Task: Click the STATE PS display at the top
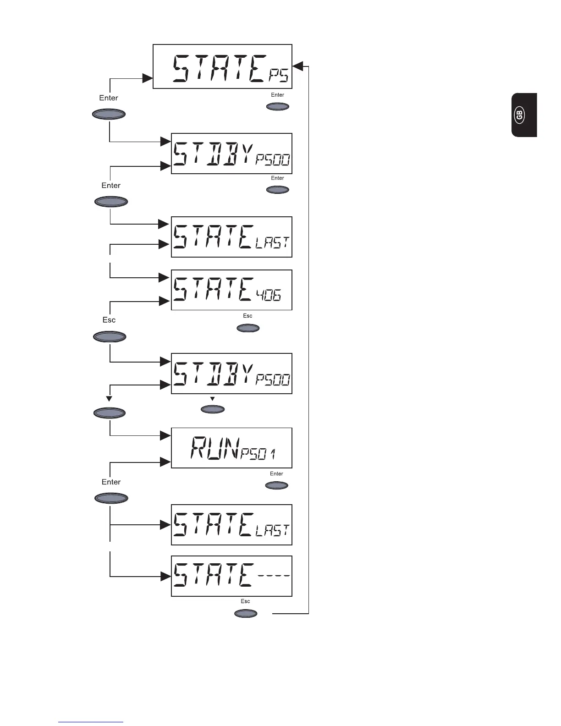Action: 222,66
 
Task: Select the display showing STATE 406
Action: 231,290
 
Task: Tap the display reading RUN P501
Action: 231,448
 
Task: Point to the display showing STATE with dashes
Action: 231,576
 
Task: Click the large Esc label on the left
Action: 109,320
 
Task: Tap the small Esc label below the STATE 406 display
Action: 247,316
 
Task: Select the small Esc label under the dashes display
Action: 245,601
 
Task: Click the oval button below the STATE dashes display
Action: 246,613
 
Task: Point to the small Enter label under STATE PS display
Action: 278,95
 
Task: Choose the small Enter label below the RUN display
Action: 276,474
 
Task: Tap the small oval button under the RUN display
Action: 277,485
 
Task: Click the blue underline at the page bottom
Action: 91,722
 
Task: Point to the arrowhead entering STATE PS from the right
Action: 297,66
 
